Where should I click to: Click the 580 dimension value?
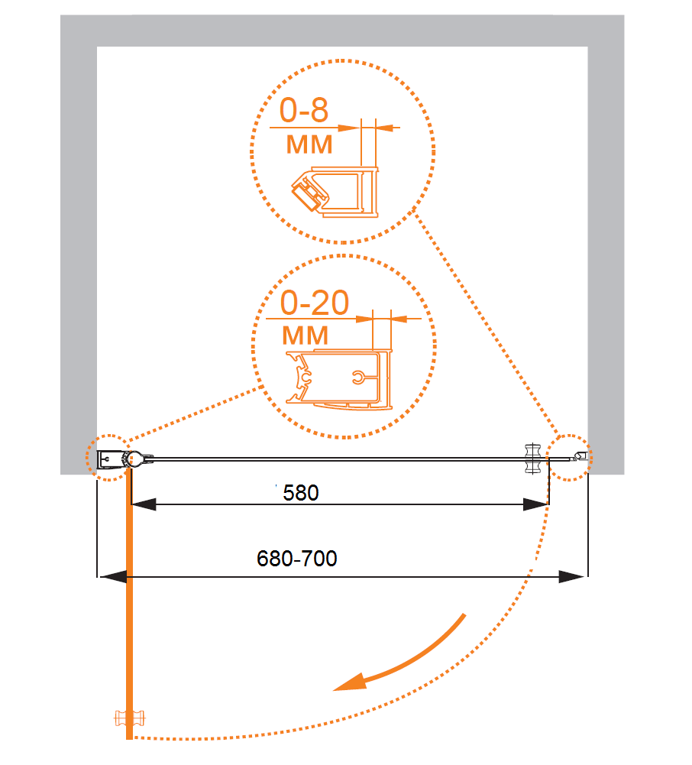pos(300,493)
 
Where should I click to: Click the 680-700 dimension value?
pos(296,559)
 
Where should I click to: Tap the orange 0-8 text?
pos(303,110)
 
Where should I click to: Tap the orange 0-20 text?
pos(315,303)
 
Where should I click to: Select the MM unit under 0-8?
pos(309,145)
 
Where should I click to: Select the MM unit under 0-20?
pos(306,335)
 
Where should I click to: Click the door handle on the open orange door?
pos(129,718)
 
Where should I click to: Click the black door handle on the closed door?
pos(532,459)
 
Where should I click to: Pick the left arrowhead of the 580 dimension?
pos(144,504)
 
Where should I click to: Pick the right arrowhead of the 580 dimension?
pos(535,504)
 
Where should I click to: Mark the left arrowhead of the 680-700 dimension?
pos(113,577)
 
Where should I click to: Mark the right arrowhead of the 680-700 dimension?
pos(571,577)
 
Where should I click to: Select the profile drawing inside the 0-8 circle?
pos(335,191)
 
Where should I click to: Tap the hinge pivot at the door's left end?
pos(133,459)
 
